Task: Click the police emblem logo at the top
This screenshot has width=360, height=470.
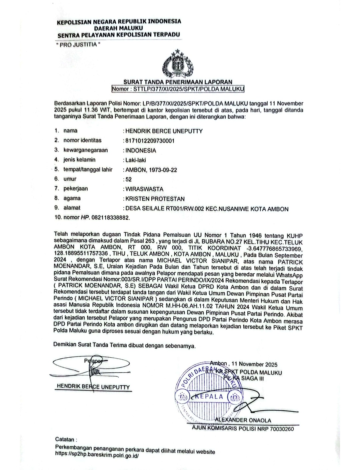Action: pos(178,64)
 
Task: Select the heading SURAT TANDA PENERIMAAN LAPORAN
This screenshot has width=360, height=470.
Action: pos(178,82)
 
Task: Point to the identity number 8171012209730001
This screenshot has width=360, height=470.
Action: pos(150,141)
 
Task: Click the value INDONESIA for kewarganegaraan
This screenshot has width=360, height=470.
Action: pos(141,150)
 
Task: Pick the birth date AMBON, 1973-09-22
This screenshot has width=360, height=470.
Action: pos(151,170)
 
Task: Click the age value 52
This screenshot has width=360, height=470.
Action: pos(128,179)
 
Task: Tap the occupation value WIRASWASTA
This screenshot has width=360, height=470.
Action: pos(144,189)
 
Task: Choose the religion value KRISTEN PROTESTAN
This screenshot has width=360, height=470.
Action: pos(155,199)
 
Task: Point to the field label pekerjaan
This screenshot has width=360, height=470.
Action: pos(76,189)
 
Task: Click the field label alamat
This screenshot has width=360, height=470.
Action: pos(72,208)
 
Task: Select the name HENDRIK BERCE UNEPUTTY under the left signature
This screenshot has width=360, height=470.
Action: pos(93,387)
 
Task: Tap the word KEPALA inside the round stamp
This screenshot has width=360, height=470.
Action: pos(209,396)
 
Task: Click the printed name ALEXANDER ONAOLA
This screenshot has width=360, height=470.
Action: pos(243,420)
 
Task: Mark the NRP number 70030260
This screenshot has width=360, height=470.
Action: pos(282,429)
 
